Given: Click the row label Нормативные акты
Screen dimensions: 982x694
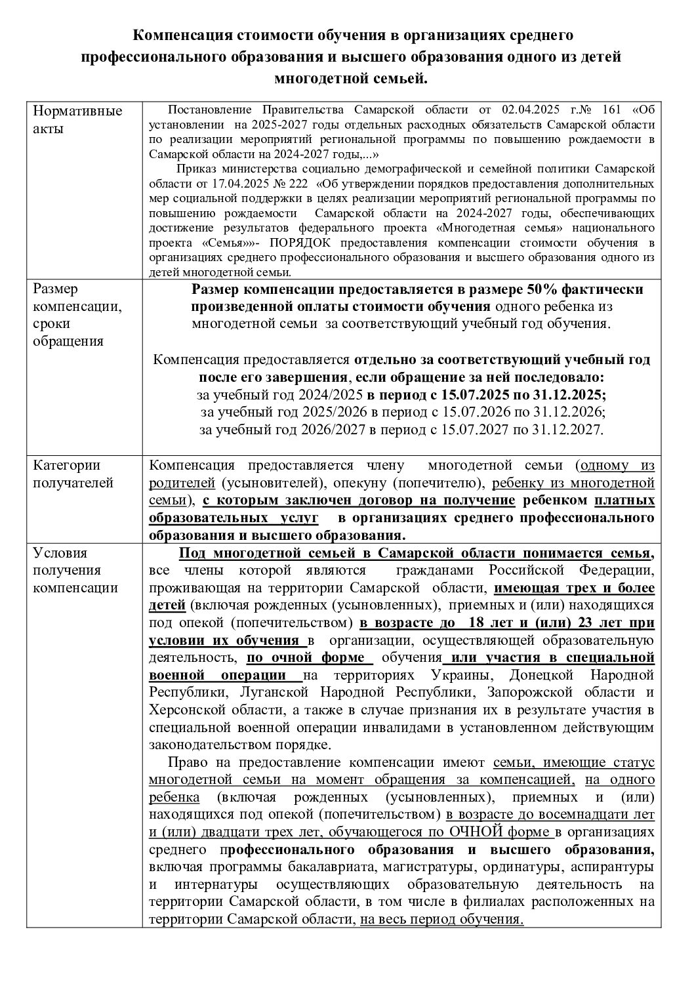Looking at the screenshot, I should tap(77, 119).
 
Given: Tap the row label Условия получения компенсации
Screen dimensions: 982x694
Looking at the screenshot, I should tap(75, 570).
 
